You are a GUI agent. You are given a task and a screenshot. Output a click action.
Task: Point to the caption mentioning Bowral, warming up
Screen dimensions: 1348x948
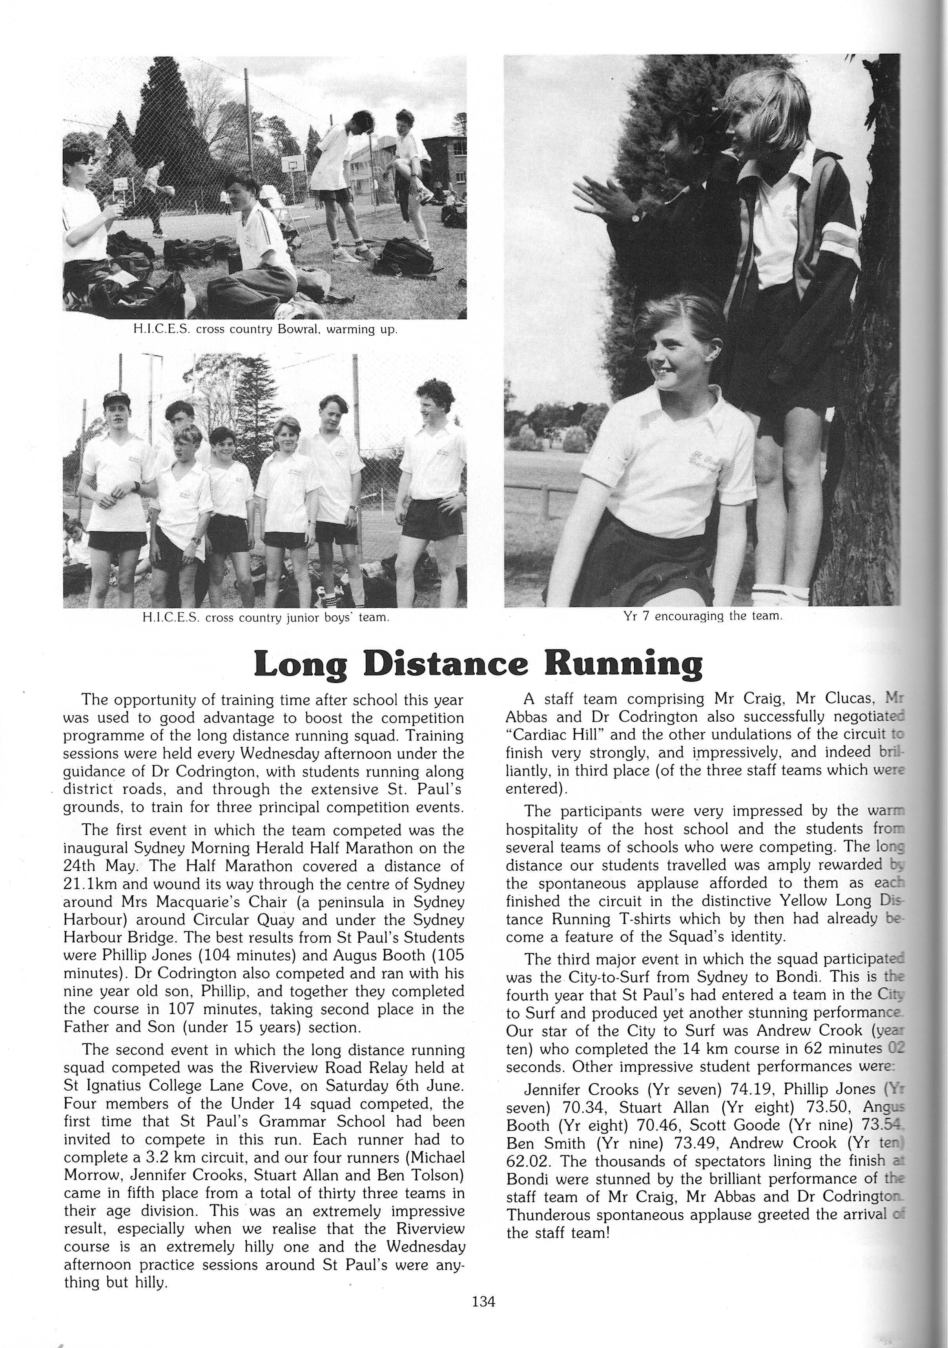(x=265, y=329)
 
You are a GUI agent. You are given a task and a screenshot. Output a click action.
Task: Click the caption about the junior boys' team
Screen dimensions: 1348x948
(x=265, y=618)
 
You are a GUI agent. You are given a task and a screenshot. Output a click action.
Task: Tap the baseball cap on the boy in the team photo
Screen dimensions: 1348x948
(x=117, y=399)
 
